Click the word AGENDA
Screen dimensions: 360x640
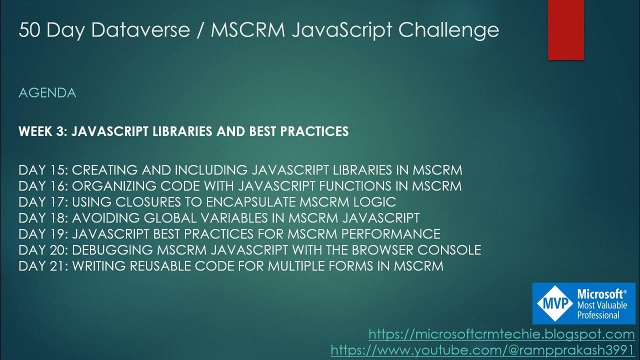(47, 93)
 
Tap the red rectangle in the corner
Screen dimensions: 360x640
(566, 30)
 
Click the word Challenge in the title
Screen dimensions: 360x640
(448, 30)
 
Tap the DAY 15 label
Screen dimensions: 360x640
(42, 170)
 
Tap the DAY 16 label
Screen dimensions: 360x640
(42, 186)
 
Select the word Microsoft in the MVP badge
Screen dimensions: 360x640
(600, 294)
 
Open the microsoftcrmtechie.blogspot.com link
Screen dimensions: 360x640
(501, 334)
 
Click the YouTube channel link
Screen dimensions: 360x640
(482, 350)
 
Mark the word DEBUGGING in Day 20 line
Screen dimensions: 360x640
(117, 250)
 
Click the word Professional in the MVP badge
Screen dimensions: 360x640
(598, 315)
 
